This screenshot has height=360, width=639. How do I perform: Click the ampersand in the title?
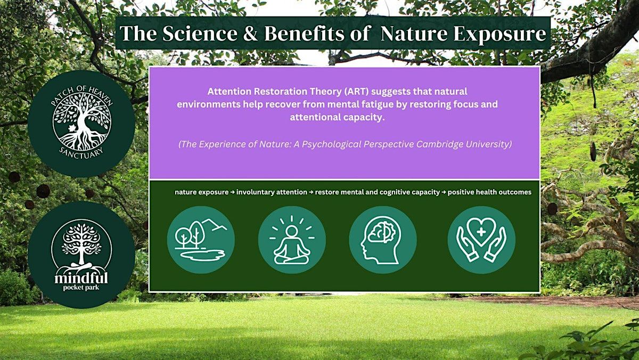pos(250,34)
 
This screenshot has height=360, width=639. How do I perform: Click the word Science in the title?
pos(200,34)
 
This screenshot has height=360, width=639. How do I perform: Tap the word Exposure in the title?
pos(499,34)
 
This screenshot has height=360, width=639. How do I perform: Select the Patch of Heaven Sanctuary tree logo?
pos(81,123)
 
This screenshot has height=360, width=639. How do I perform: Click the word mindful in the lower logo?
pos(81,278)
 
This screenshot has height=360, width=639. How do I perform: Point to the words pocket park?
pos(81,287)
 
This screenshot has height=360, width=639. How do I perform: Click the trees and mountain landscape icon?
pos(201,240)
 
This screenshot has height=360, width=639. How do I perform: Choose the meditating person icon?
pos(292,240)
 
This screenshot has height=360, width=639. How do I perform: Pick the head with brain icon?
pos(383,240)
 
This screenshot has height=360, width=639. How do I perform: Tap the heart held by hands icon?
pos(481,240)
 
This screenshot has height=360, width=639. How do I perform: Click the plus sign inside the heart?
pos(481,232)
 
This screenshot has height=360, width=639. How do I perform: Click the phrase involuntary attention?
pos(272,192)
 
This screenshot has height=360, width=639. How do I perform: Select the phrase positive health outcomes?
pos(489,192)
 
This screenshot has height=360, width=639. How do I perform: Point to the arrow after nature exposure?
pos(233,193)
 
